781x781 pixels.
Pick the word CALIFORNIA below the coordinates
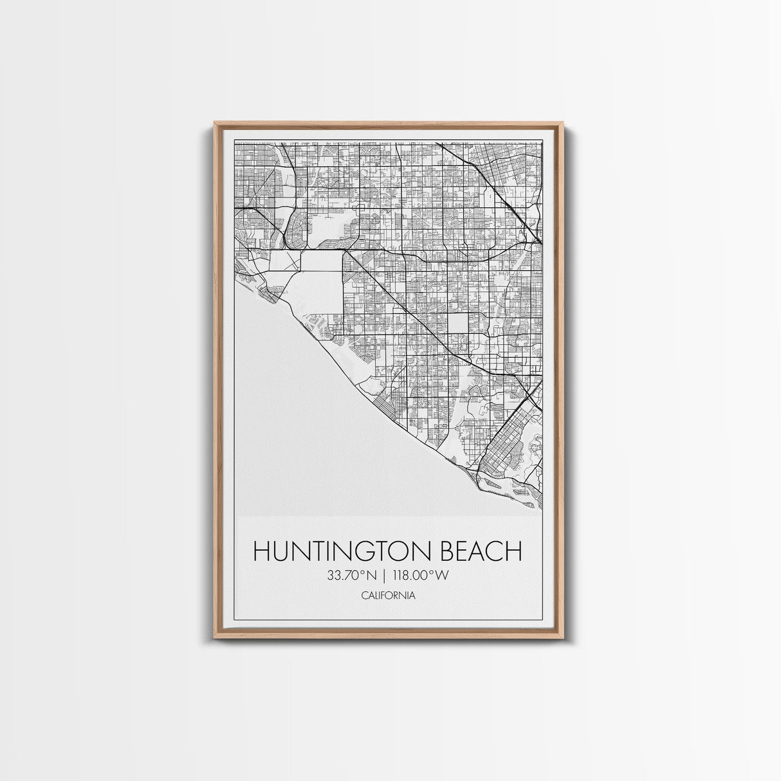click(388, 595)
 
